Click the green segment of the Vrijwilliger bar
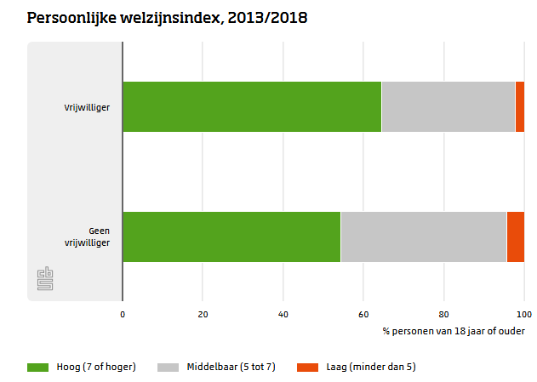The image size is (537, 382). pos(252,106)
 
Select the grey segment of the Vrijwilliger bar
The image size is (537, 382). pos(448,106)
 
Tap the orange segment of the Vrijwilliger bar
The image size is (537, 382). pos(519,106)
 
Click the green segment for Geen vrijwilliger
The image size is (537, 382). pos(231,237)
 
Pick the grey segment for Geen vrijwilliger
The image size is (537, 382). pos(423,237)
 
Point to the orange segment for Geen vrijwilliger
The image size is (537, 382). pos(515,237)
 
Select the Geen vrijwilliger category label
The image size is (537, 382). pos(93,237)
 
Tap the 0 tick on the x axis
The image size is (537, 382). pos(123,313)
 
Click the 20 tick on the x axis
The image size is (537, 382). pos(203,313)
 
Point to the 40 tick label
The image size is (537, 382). pos(283,313)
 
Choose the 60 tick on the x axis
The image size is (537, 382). pos(363,313)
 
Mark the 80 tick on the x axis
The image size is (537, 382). pos(443,313)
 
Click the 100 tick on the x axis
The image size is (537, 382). pos(523,313)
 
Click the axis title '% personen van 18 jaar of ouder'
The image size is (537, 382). pos(453,330)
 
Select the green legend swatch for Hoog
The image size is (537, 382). pos(38,367)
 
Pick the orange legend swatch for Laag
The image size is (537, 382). pos(307,367)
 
